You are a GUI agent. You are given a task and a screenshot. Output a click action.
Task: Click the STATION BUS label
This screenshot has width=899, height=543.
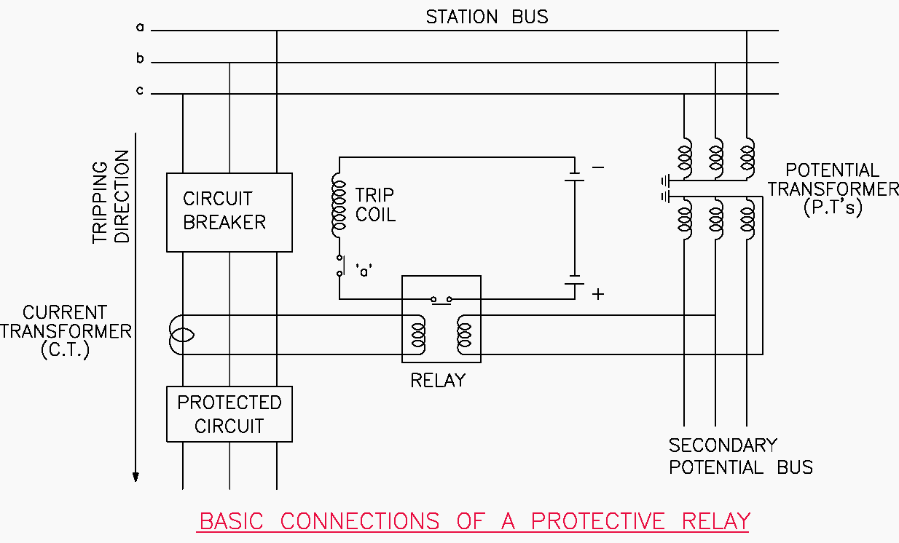(487, 16)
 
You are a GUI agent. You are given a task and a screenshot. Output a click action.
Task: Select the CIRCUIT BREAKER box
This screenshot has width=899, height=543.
(229, 212)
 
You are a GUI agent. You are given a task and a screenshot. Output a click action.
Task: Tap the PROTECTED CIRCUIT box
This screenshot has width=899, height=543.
(229, 414)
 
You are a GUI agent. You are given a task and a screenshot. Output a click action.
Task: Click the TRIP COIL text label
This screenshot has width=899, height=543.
(375, 205)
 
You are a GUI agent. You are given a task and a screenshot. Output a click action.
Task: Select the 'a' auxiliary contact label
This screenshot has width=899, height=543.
(364, 269)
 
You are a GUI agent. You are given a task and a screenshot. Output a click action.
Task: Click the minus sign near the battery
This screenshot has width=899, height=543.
(598, 167)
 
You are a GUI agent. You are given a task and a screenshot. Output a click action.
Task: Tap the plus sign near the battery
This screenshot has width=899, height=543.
(598, 294)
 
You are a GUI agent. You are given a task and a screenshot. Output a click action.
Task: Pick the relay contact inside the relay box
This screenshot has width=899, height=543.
(441, 299)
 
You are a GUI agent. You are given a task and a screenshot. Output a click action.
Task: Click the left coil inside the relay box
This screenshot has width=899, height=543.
(418, 333)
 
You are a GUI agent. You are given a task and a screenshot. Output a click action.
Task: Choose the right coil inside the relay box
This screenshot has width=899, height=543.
(463, 333)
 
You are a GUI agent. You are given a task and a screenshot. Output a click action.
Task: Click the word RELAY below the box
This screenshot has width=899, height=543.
(438, 380)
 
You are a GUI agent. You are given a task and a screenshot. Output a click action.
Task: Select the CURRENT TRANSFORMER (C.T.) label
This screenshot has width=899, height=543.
(66, 331)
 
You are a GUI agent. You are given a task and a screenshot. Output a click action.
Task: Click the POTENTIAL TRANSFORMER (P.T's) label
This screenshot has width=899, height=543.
(833, 189)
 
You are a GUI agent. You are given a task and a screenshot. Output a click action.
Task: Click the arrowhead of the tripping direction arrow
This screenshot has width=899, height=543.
(136, 477)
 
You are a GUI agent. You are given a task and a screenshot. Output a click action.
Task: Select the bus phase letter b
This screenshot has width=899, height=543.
(140, 59)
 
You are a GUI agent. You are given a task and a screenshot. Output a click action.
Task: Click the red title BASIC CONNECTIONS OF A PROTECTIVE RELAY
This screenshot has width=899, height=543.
(474, 521)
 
